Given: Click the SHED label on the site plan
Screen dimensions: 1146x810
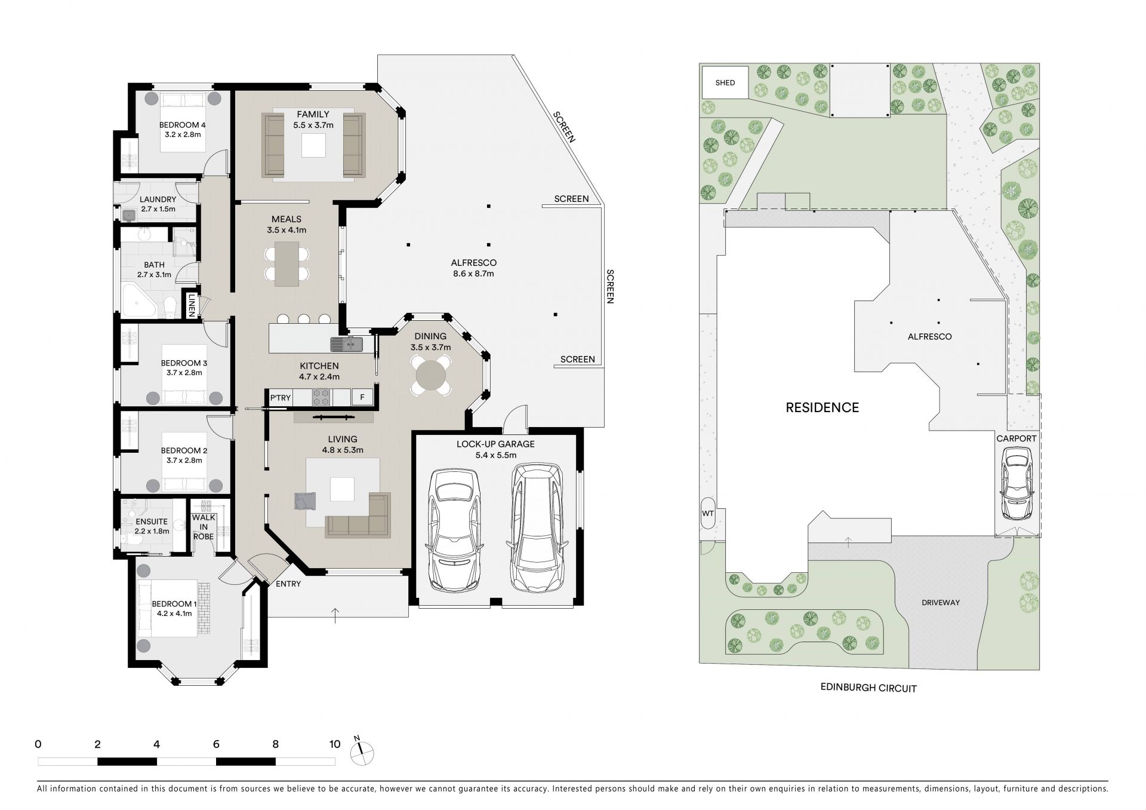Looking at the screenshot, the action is click(x=725, y=83).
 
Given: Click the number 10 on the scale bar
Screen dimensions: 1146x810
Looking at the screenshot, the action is click(x=335, y=744).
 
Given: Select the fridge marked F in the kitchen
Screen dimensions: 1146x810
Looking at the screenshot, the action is click(x=362, y=397).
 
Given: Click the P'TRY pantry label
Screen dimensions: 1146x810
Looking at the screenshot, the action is click(x=280, y=398).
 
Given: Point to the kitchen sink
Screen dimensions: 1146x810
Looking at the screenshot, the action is click(x=347, y=344).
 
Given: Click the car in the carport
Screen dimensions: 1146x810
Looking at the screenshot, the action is click(x=1016, y=483).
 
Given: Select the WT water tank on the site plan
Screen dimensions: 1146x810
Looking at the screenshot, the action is click(x=708, y=513).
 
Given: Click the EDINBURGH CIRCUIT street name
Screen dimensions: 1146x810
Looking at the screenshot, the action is click(x=868, y=688).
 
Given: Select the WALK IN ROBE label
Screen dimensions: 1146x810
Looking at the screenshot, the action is click(x=204, y=527).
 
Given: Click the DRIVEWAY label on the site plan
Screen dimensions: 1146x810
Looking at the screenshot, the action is click(x=940, y=603).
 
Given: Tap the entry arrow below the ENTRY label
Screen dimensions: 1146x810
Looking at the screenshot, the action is click(x=335, y=615).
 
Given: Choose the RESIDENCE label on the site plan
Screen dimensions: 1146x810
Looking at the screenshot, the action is click(x=822, y=408).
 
